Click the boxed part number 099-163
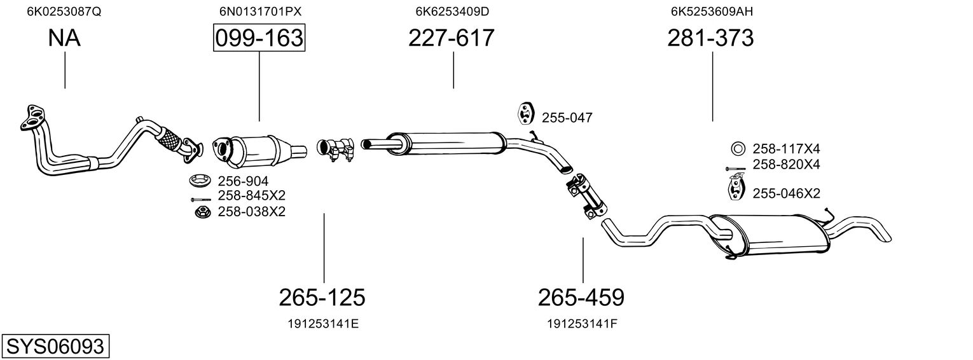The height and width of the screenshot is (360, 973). pos(259,38)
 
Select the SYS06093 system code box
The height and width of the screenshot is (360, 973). pos(55,347)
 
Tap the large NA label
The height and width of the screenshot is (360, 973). pos(64,38)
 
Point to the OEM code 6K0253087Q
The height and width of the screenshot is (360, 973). pos(64,11)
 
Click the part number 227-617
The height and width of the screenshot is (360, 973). pos(452,38)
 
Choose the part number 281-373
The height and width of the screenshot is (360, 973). pos(710,38)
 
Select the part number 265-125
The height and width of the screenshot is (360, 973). pos(322,298)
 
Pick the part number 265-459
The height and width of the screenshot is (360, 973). pos(581,298)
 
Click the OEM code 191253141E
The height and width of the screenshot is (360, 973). pos(323,324)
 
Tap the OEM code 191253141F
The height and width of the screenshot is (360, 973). pos(582,324)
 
